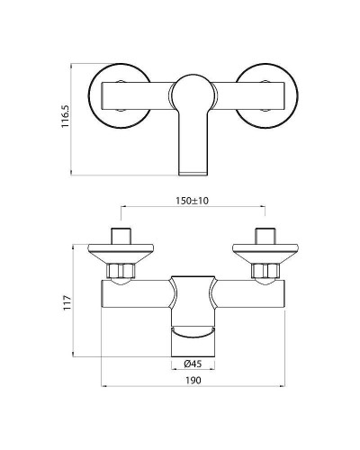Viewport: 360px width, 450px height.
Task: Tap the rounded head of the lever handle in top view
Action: coord(190,91)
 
